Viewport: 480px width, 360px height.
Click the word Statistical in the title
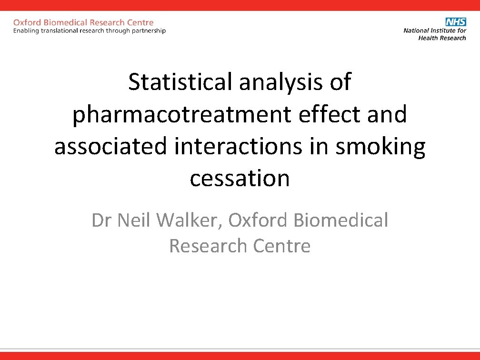pos(180,82)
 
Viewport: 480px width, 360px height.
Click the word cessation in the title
pos(240,179)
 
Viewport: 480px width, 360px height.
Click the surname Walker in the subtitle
pos(189,220)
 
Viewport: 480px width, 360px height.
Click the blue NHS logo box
pos(456,22)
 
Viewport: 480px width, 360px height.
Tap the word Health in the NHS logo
pos(428,38)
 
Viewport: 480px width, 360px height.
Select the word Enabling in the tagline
pos(27,31)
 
